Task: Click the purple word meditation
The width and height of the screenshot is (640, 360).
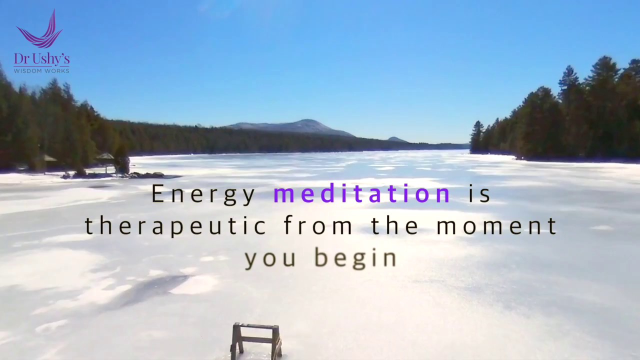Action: pyautogui.click(x=362, y=194)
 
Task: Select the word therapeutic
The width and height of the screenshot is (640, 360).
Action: pyautogui.click(x=175, y=226)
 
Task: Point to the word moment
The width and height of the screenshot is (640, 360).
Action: pyautogui.click(x=496, y=226)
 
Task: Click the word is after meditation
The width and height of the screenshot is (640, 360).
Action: pyautogui.click(x=479, y=194)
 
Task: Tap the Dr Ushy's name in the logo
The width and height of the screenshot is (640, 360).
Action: pyautogui.click(x=41, y=59)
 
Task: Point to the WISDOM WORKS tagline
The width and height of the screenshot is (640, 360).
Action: pyautogui.click(x=41, y=70)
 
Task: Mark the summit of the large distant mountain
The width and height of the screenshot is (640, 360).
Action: pyautogui.click(x=306, y=121)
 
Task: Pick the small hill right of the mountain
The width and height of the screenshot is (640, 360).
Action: pyautogui.click(x=396, y=138)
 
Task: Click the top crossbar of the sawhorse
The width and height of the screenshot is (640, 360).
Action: pyautogui.click(x=256, y=326)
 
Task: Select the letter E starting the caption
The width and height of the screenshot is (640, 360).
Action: pyautogui.click(x=158, y=194)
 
